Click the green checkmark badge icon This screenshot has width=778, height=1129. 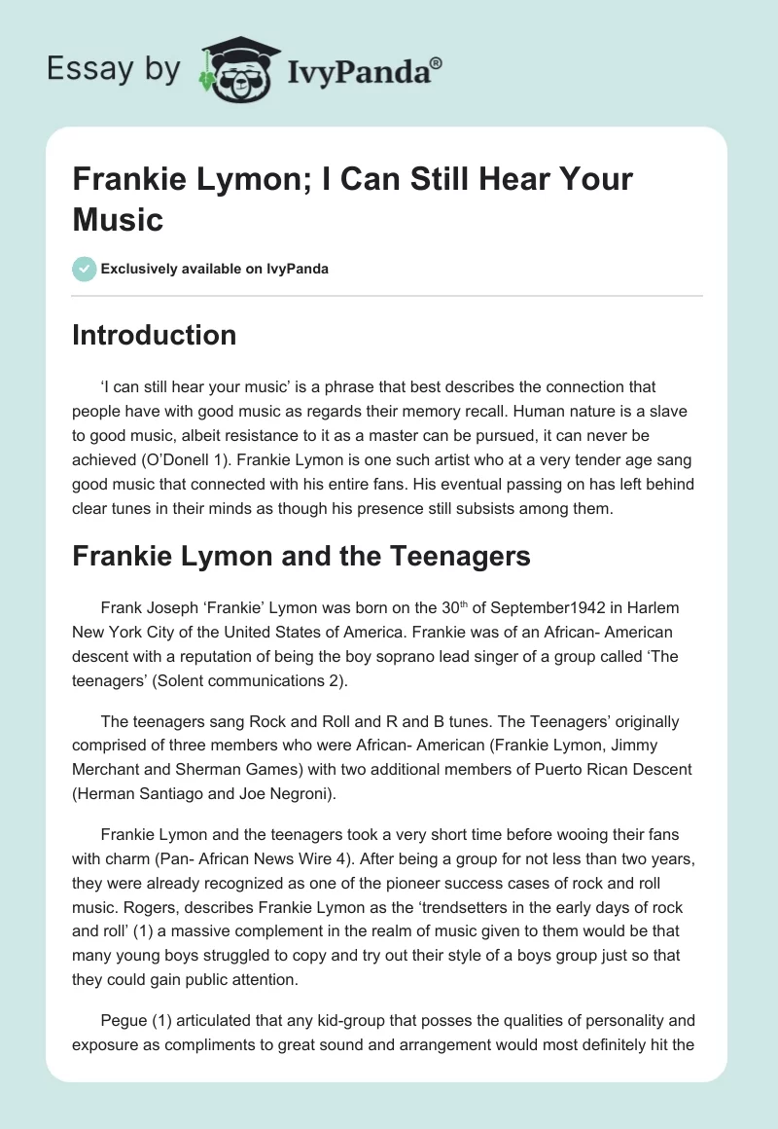84,269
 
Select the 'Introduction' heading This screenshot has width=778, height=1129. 155,335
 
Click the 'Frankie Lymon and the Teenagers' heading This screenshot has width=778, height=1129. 301,556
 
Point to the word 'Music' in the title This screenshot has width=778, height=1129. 118,219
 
